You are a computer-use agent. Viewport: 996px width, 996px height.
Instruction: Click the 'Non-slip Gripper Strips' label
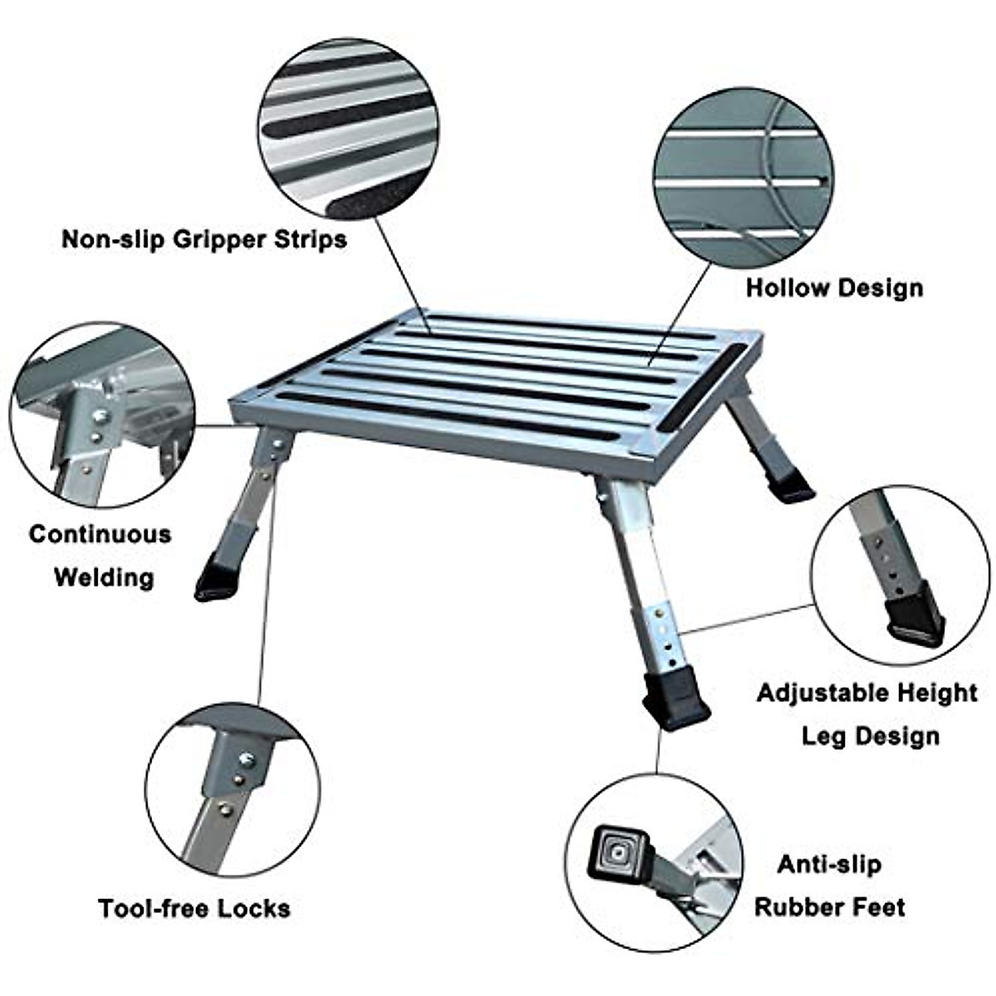(203, 240)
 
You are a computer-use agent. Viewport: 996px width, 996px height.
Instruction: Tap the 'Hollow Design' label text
(833, 288)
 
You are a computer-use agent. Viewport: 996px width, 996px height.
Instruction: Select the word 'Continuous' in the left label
(100, 534)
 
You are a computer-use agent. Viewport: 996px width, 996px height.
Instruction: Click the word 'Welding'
(104, 577)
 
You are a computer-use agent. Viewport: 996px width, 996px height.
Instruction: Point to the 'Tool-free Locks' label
(194, 908)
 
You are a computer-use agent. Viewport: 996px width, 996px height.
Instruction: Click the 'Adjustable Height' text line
(867, 692)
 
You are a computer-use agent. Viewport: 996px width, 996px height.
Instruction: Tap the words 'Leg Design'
(870, 735)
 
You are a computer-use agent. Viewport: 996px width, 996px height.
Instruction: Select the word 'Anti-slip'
(829, 864)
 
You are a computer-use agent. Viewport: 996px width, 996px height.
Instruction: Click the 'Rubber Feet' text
(829, 907)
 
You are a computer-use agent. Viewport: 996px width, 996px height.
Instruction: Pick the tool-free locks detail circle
(233, 788)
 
